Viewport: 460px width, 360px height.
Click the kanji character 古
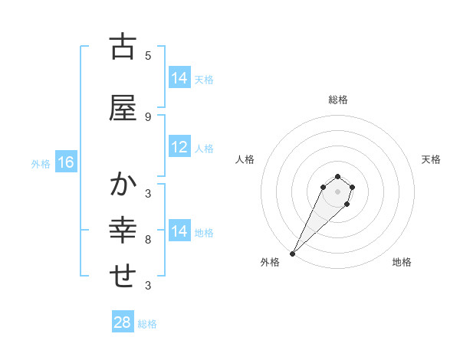(x=123, y=47)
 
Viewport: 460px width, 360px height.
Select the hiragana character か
(x=123, y=185)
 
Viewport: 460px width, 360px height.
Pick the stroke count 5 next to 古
(x=148, y=55)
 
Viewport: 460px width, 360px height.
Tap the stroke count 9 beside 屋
(x=148, y=116)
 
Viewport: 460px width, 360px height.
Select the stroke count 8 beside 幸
(x=148, y=239)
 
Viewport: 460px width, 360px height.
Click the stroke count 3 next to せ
(x=148, y=285)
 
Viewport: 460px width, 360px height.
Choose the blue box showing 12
(x=179, y=147)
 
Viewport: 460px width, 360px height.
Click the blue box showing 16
(x=66, y=162)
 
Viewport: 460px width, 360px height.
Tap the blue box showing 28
(x=123, y=322)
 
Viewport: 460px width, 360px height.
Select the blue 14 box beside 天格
(x=179, y=78)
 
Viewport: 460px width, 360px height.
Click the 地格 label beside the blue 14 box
(x=204, y=232)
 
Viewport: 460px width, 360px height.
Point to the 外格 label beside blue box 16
(x=41, y=163)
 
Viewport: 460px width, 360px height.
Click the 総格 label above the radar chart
(x=338, y=100)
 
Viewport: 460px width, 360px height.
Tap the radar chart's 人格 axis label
(x=245, y=159)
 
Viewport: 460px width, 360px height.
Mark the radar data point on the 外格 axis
(x=293, y=254)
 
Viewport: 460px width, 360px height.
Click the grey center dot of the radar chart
(x=338, y=191)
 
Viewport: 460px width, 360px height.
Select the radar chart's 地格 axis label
(x=402, y=262)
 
